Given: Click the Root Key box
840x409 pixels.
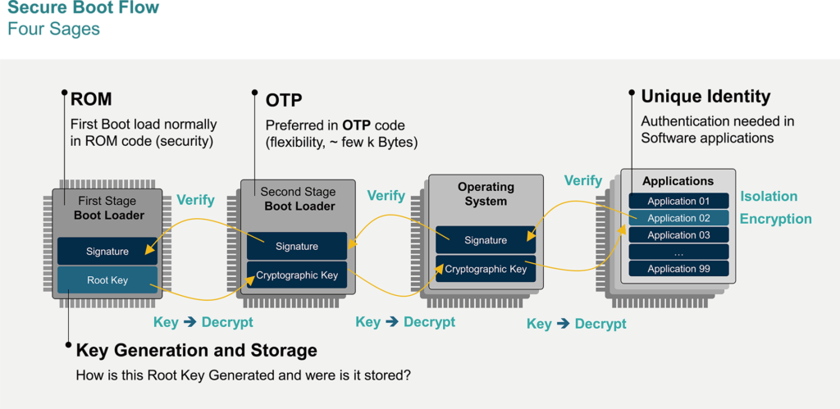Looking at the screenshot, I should click(107, 280).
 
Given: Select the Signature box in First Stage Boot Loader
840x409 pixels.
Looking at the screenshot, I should click(107, 252).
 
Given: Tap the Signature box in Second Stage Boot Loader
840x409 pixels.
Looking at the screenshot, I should click(297, 246).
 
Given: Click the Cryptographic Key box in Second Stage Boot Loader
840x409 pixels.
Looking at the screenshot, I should click(297, 275).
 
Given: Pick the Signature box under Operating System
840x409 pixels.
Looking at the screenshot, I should click(486, 240).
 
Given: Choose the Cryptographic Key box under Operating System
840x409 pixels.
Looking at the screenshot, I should click(486, 269).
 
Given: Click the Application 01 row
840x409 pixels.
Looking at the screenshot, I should click(678, 201).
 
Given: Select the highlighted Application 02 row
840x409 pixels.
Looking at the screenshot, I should click(678, 218).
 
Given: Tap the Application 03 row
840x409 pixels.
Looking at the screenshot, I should click(678, 235).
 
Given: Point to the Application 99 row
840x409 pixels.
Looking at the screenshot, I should click(678, 269).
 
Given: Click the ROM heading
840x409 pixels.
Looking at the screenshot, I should click(91, 100).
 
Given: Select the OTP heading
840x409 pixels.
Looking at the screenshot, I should click(284, 101).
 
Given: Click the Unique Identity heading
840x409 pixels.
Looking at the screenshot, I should click(705, 97).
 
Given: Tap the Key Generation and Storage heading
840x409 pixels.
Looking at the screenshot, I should click(196, 351).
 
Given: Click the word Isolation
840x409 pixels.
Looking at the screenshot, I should click(769, 197).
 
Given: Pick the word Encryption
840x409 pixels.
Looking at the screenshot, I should click(775, 219).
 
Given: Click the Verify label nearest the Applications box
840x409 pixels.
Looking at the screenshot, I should click(583, 180).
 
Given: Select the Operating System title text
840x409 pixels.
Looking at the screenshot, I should click(486, 194).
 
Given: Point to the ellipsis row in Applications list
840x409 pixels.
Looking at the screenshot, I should click(678, 252).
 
